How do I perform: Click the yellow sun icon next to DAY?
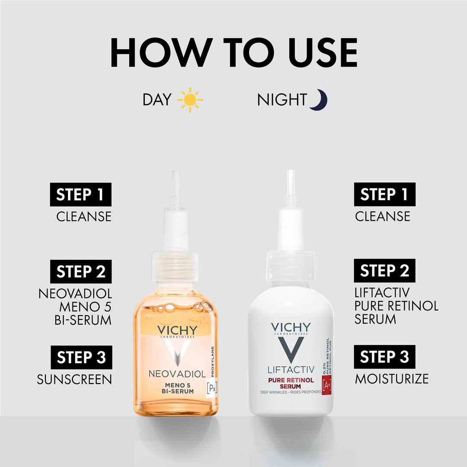tap(190, 100)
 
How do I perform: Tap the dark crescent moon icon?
tap(320, 100)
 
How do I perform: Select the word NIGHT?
tap(282, 100)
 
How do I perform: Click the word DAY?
tap(157, 100)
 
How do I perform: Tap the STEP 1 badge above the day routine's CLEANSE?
tap(81, 195)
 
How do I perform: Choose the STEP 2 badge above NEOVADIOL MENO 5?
tap(81, 271)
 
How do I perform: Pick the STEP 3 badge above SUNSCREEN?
tap(81, 358)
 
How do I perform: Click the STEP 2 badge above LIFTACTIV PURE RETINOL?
tap(384, 270)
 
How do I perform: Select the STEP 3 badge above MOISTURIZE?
tap(384, 357)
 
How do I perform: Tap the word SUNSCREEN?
tap(74, 380)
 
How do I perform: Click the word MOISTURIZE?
tap(392, 379)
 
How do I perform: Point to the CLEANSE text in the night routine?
tap(382, 216)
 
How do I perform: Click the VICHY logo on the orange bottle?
tap(177, 331)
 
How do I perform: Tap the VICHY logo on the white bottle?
tap(291, 327)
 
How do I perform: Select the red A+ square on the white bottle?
tap(327, 385)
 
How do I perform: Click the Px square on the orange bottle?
tap(212, 388)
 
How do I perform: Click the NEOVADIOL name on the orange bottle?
tap(177, 374)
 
